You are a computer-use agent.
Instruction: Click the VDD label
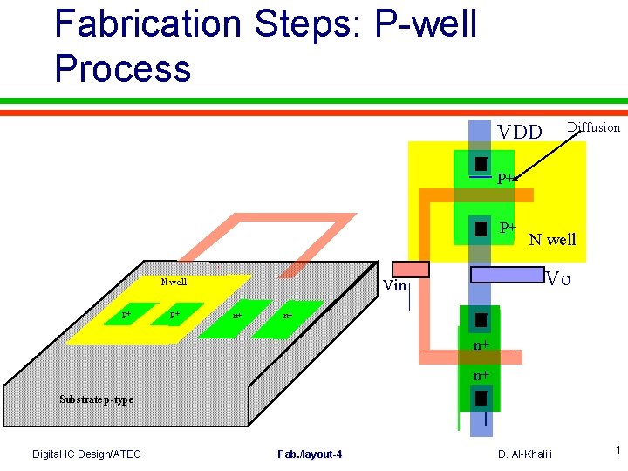point(520,133)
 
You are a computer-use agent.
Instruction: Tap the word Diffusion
point(593,127)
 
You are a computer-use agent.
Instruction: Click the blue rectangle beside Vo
point(506,275)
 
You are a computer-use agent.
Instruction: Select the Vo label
point(558,279)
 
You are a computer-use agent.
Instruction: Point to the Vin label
point(395,285)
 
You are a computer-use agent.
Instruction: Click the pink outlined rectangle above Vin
point(411,269)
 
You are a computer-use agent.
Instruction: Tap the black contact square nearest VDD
point(481,164)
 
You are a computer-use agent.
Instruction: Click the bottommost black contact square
point(481,399)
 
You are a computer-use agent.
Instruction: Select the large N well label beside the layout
point(552,239)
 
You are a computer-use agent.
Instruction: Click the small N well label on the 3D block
point(174,282)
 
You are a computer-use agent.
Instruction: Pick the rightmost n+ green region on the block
point(287,315)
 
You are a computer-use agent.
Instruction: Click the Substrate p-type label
point(96,399)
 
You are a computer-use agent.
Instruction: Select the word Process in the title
point(122,68)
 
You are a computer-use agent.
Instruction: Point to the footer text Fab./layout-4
point(310,454)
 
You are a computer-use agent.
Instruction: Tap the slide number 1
point(617,451)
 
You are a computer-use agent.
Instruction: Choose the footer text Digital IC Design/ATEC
point(86,454)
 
